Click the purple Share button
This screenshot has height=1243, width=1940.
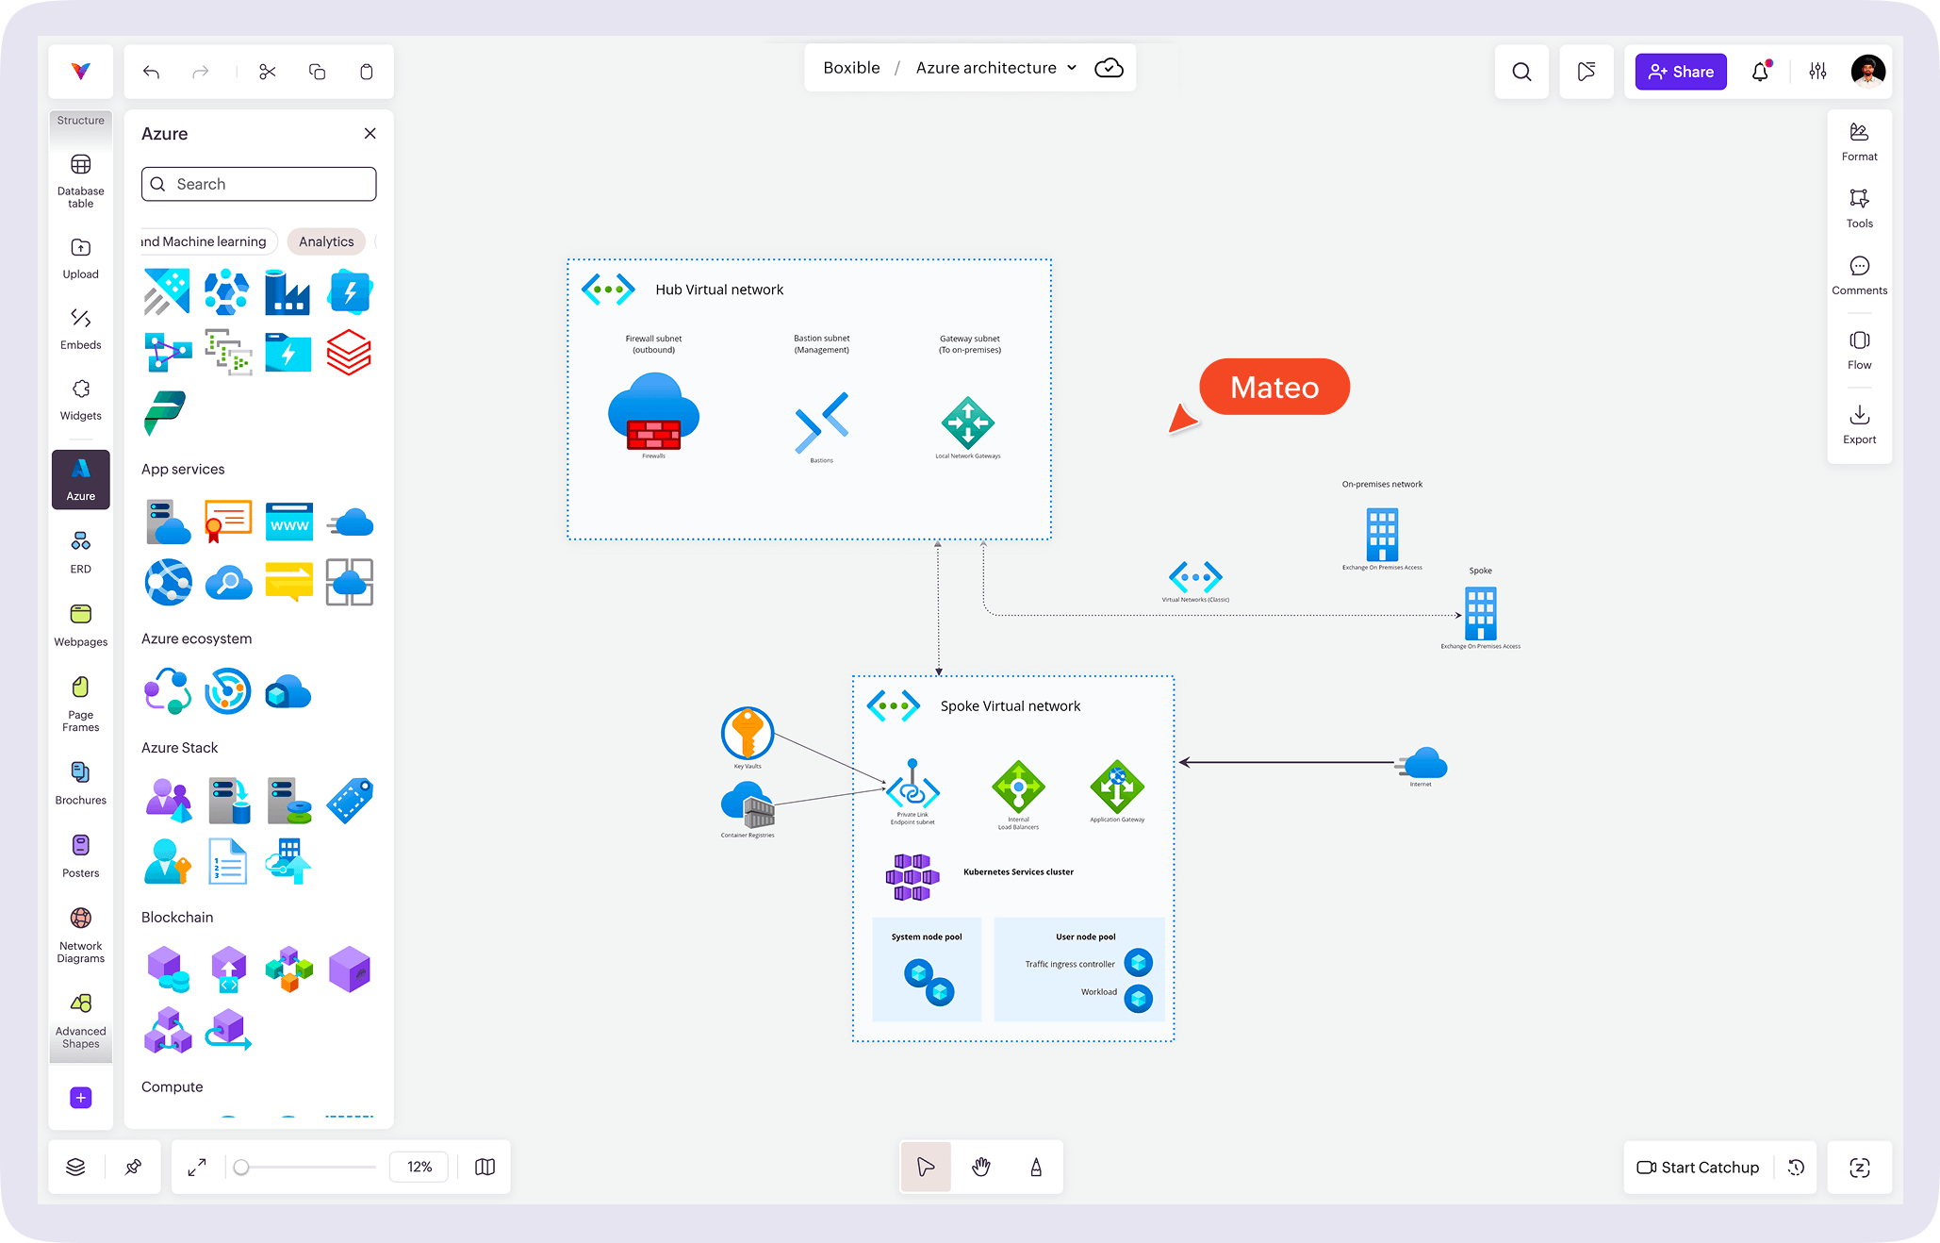tap(1680, 72)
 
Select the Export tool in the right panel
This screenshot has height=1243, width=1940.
tap(1859, 424)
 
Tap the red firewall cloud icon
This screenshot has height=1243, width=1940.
tap(653, 412)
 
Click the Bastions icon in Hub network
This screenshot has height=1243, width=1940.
tap(821, 423)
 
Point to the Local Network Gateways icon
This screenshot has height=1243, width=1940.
tap(967, 423)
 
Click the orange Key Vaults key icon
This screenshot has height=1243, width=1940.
tap(748, 733)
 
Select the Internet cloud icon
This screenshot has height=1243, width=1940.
tap(1423, 763)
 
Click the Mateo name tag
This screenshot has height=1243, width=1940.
tap(1274, 387)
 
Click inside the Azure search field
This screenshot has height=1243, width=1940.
tap(259, 184)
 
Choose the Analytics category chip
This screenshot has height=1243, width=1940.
tap(326, 241)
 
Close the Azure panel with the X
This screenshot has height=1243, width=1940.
tap(370, 134)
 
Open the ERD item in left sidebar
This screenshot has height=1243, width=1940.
tap(81, 552)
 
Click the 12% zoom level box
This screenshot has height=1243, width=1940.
tap(419, 1167)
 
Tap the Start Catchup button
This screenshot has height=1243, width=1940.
tap(1698, 1168)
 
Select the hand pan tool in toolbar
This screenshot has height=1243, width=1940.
tap(980, 1168)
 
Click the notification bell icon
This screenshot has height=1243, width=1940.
tap(1760, 72)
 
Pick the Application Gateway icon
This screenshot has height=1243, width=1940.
tap(1117, 787)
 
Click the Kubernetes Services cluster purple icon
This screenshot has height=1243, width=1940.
tap(912, 877)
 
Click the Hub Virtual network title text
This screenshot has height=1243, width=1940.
tap(719, 290)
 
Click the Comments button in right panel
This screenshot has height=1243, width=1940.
tap(1859, 274)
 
